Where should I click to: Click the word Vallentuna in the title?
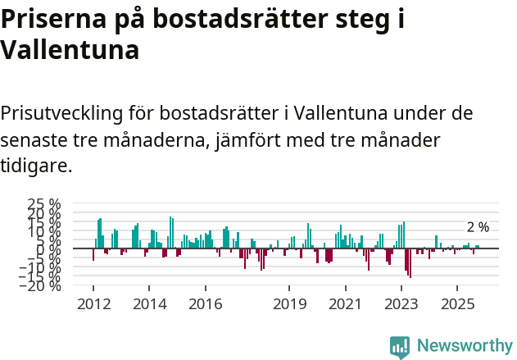70,50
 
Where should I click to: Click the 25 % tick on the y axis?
44,203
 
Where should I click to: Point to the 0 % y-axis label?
50,248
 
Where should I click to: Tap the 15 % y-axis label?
44,221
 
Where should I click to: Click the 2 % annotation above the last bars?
478,227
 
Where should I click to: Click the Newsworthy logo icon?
400,346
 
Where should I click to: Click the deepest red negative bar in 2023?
410,262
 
